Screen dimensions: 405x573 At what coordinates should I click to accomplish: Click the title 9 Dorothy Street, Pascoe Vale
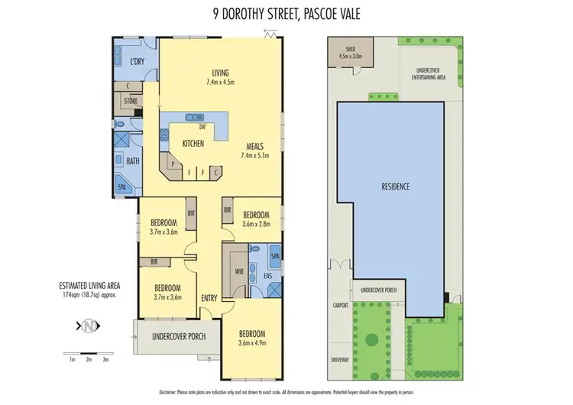pyautogui.click(x=286, y=12)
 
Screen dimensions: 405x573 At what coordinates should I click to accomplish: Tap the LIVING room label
pyautogui.click(x=222, y=74)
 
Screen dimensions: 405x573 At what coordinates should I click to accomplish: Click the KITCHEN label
pyautogui.click(x=192, y=144)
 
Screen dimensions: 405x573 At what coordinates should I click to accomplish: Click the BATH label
pyautogui.click(x=133, y=161)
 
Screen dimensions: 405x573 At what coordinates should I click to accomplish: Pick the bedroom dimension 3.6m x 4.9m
pyautogui.click(x=252, y=343)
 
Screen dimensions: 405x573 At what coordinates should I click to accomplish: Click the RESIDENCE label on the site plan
pyautogui.click(x=397, y=186)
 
